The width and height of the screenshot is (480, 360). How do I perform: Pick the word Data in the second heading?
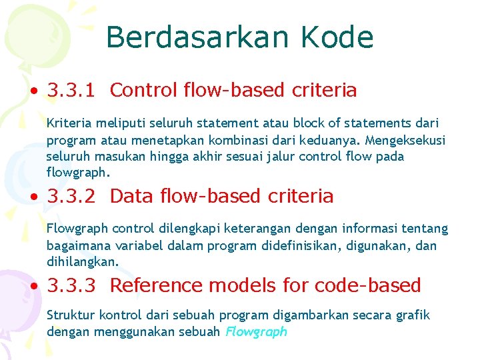point(130,196)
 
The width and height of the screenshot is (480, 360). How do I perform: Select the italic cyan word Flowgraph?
point(256,331)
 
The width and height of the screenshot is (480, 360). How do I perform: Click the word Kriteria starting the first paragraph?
point(68,124)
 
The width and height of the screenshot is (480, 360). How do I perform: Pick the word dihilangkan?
point(83,262)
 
